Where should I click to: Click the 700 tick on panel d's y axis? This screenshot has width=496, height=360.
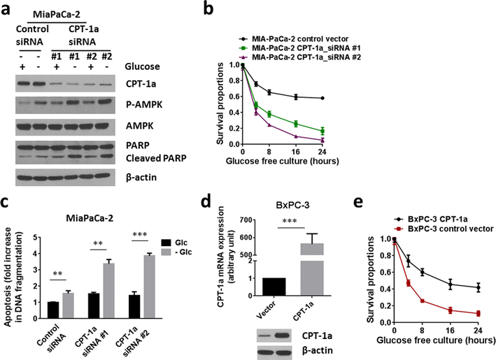(270, 222)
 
